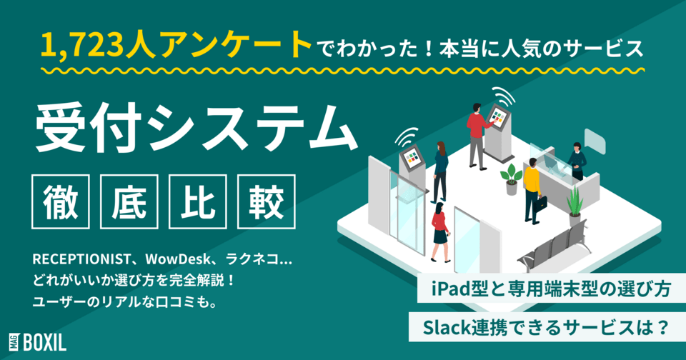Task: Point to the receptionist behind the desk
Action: (x=577, y=161)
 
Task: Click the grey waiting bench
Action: (x=554, y=247)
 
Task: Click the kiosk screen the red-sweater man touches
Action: (x=496, y=114)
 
